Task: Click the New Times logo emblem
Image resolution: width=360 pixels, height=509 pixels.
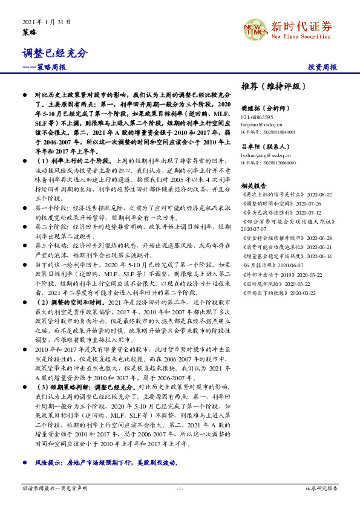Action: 254,28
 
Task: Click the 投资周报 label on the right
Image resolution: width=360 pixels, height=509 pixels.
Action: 322,67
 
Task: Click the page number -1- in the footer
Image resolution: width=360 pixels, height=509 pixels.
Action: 180,487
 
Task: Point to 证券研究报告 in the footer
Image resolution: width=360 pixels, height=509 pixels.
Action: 321,487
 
